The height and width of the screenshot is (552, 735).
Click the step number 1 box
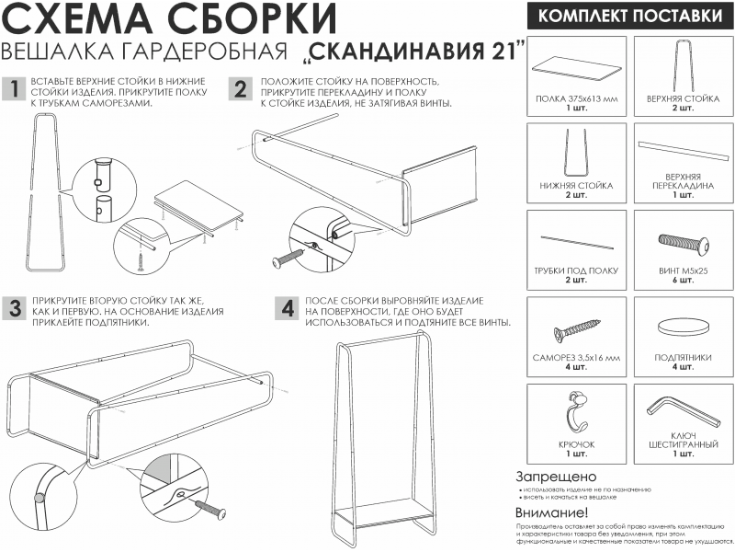click(14, 89)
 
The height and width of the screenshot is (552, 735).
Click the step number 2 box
click(241, 89)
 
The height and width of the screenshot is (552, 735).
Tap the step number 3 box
click(14, 308)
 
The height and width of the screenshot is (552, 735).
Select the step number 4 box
click(287, 308)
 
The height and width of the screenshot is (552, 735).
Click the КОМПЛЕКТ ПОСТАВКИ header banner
click(628, 16)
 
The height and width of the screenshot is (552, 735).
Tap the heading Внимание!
click(551, 512)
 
